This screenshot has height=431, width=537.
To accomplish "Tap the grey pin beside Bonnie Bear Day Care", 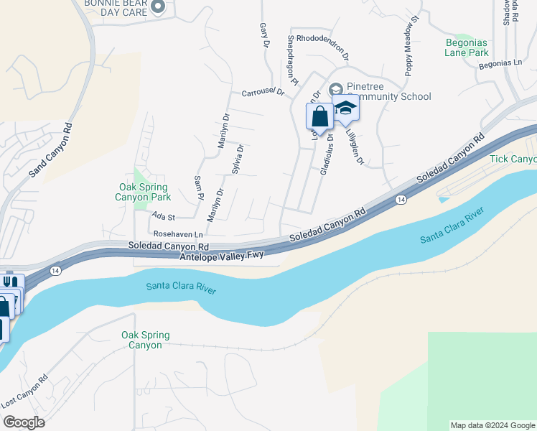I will [159, 8].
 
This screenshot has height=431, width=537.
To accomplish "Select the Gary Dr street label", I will [263, 34].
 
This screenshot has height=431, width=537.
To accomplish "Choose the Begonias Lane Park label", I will [466, 47].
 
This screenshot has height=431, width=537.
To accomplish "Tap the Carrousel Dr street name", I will [263, 92].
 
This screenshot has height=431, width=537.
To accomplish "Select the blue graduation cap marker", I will [345, 108].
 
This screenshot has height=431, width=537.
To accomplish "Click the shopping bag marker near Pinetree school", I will [319, 116].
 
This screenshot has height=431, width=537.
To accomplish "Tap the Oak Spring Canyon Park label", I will [144, 192].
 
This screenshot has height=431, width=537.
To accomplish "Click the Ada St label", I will [163, 215].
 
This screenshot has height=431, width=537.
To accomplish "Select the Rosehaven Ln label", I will [178, 234].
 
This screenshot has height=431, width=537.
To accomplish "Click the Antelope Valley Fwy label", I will [222, 255].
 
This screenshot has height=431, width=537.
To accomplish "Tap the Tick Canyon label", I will [513, 158].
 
